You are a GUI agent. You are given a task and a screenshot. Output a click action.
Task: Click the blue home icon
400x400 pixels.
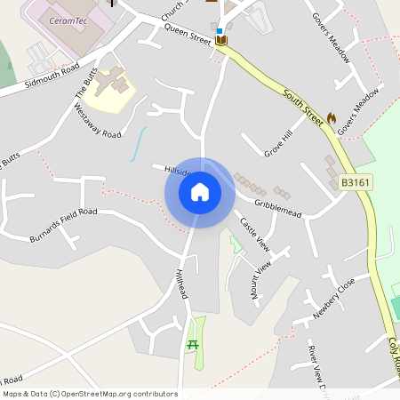click(200, 192)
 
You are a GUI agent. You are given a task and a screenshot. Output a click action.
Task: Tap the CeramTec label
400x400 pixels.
click(68, 20)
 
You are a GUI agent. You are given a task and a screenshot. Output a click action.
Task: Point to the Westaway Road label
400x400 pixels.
click(97, 122)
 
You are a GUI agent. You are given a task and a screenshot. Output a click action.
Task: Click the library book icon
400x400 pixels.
click(220, 41)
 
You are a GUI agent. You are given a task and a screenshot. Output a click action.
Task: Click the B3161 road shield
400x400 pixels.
click(354, 183)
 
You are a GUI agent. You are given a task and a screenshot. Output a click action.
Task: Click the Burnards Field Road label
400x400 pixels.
click(63, 225)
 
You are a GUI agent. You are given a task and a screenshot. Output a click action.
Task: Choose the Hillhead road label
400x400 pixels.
click(182, 284)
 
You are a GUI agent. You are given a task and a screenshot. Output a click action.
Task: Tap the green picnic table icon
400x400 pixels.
click(193, 345)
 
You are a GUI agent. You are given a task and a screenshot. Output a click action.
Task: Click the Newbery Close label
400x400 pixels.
click(334, 299)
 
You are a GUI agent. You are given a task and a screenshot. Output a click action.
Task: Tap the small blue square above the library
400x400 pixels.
click(220, 31)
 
